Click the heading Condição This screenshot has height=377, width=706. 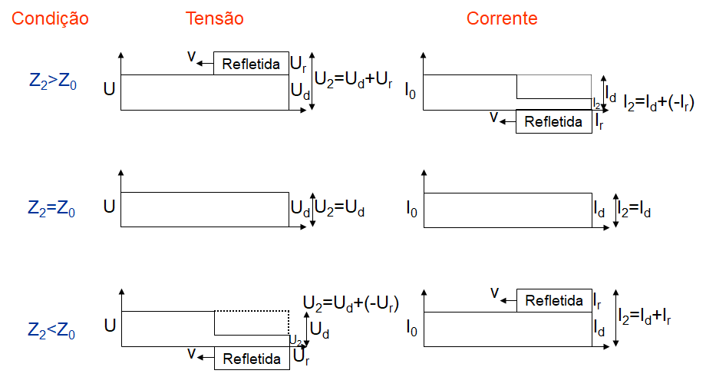click(x=50, y=18)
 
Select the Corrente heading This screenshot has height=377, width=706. click(x=502, y=18)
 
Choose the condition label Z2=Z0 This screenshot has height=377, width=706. click(x=52, y=208)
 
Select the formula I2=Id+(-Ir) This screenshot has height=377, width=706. click(x=659, y=103)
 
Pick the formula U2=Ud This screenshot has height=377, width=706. click(x=341, y=208)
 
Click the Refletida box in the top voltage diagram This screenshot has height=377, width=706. click(x=251, y=64)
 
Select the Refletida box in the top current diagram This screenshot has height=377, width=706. click(x=553, y=121)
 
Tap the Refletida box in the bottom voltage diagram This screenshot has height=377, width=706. click(x=251, y=358)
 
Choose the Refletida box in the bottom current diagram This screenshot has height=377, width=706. click(x=553, y=300)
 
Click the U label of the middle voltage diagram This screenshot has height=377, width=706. click(x=110, y=208)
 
